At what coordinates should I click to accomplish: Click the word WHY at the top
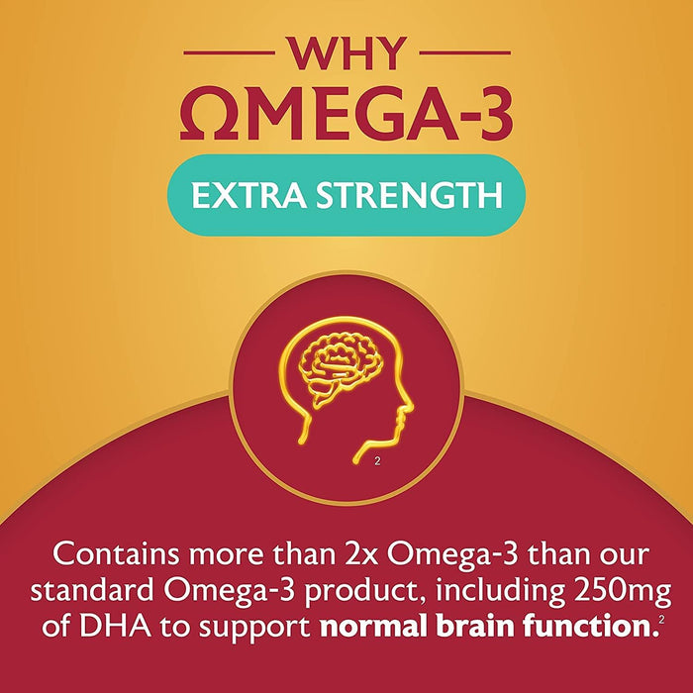(x=346, y=51)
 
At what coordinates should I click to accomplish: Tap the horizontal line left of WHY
(x=226, y=52)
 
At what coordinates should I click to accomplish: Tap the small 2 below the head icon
(x=380, y=461)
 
